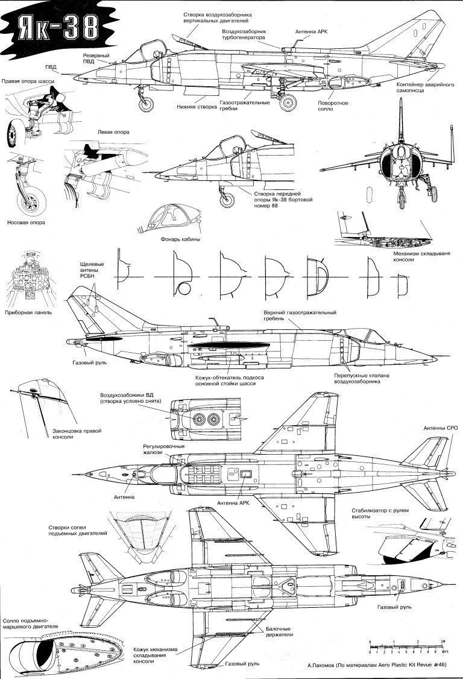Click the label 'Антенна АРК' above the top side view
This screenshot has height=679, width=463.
pyautogui.click(x=312, y=31)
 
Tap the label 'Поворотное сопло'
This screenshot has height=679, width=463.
pyautogui.click(x=333, y=106)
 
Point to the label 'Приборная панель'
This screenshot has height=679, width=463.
pyautogui.click(x=28, y=312)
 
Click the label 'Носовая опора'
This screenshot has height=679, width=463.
pyautogui.click(x=27, y=223)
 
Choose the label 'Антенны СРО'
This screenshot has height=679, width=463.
pyautogui.click(x=441, y=428)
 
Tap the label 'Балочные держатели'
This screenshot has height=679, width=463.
pyautogui.click(x=279, y=632)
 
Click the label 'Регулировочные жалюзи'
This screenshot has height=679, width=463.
pyautogui.click(x=164, y=449)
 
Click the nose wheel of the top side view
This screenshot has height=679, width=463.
pyautogui.click(x=146, y=104)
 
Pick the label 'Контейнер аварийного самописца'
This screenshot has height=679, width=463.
pyautogui.click(x=425, y=87)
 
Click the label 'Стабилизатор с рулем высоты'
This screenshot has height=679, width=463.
pyautogui.click(x=380, y=514)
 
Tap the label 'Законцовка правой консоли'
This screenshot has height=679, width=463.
pyautogui.click(x=77, y=434)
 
